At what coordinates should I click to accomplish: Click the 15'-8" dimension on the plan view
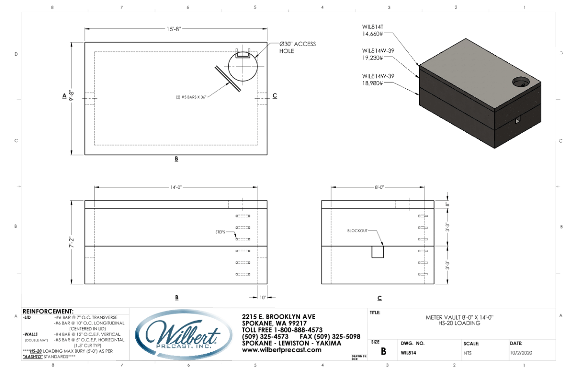173,29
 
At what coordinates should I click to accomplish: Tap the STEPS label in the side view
220,232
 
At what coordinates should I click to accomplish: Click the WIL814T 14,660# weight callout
373,31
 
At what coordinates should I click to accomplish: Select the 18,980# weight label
372,83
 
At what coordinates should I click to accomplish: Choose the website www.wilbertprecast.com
281,350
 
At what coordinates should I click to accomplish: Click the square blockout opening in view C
378,252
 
